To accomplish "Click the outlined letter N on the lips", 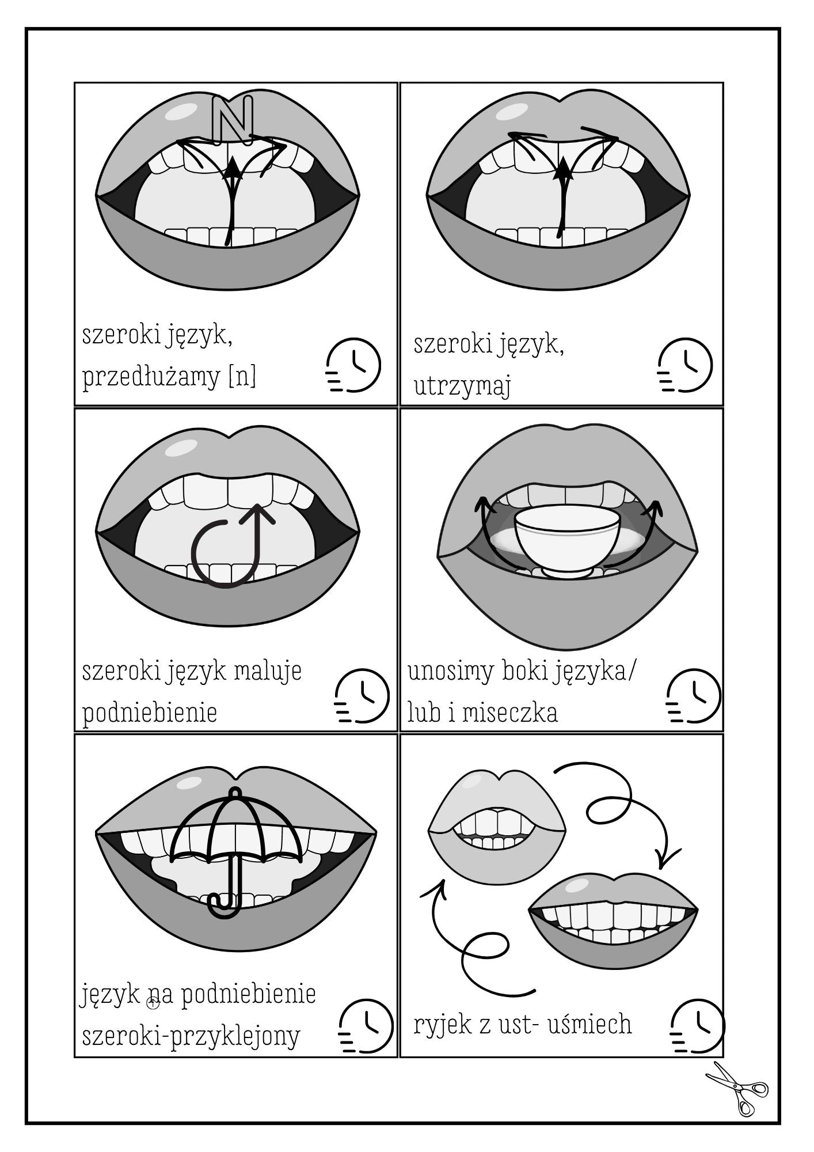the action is point(233,118).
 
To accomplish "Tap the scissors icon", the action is point(738,1088).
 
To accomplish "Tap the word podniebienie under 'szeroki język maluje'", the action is point(150,713).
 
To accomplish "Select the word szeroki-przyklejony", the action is point(191,1036).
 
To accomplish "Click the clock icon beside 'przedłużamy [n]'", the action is point(353,365).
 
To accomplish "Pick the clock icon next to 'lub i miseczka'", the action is point(693,696).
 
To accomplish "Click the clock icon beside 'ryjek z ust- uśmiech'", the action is point(698,1027).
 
